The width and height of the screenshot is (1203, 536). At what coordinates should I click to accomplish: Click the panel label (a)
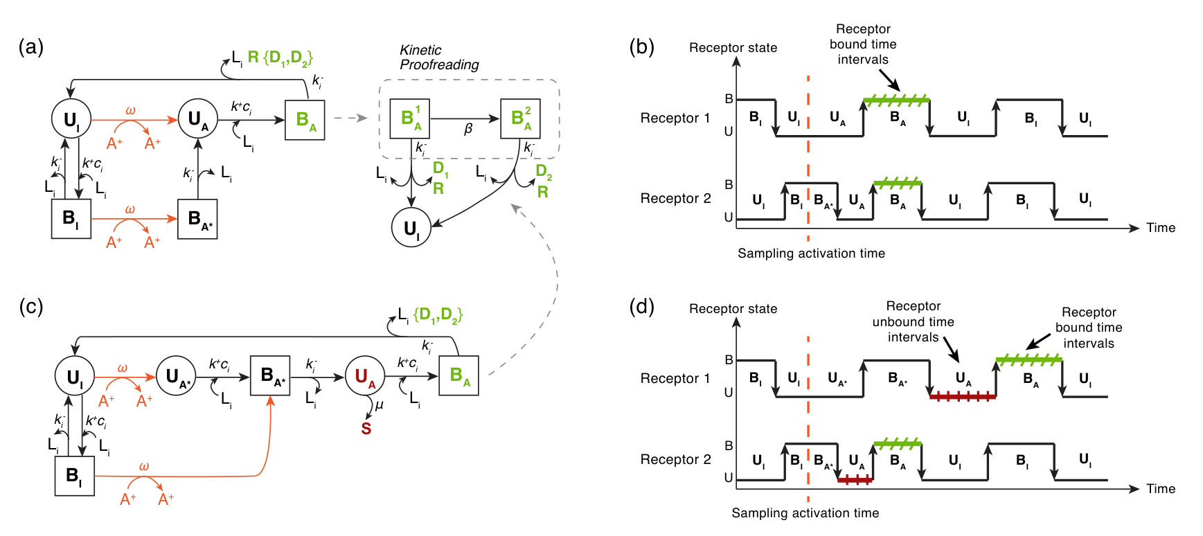tap(31, 47)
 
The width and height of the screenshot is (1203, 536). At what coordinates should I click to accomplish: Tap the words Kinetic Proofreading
tap(439, 57)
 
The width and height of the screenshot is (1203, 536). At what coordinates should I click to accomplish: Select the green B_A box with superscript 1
tap(410, 119)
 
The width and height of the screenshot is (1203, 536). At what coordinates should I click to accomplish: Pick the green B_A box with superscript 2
tap(520, 119)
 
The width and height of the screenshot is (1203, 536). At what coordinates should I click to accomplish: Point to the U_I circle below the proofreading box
tap(411, 228)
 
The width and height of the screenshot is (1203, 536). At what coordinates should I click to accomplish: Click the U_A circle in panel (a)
tap(198, 120)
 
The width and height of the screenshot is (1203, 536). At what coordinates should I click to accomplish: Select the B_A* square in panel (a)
tap(197, 219)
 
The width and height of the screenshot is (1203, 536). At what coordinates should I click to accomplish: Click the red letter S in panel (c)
tap(366, 429)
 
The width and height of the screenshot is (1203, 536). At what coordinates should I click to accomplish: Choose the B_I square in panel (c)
tap(75, 476)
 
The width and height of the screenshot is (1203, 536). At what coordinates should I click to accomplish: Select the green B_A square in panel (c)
tap(459, 376)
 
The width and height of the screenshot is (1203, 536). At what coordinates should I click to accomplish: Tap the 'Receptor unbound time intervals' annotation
tap(913, 321)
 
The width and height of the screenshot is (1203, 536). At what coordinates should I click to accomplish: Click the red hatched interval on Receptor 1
tap(963, 397)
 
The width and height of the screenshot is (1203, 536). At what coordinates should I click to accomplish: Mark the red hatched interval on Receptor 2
tap(855, 480)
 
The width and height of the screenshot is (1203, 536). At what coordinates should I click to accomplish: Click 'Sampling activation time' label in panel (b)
tap(811, 253)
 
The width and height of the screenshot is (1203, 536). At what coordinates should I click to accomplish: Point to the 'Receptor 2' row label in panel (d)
tap(675, 459)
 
